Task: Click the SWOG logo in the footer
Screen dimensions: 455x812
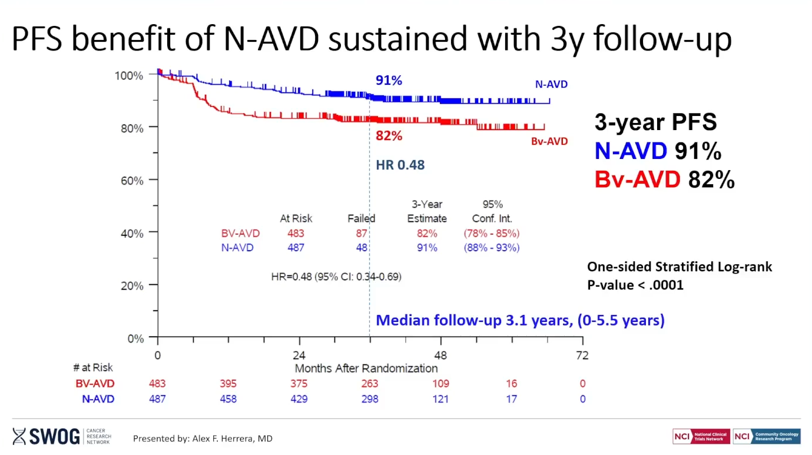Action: pyautogui.click(x=48, y=436)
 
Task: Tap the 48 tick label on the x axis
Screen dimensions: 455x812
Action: pyautogui.click(x=440, y=356)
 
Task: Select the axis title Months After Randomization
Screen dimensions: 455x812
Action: pyautogui.click(x=366, y=368)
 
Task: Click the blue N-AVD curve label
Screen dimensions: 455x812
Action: pyautogui.click(x=551, y=84)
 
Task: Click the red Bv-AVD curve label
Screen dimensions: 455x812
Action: pyautogui.click(x=549, y=141)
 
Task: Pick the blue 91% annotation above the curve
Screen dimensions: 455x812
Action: pyautogui.click(x=389, y=81)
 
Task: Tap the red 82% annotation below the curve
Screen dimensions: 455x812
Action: pyautogui.click(x=389, y=136)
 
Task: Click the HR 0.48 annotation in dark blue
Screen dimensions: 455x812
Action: pyautogui.click(x=400, y=165)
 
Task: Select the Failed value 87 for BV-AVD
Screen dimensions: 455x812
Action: pyautogui.click(x=361, y=233)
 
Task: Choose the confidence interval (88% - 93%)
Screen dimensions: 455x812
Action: pyautogui.click(x=492, y=248)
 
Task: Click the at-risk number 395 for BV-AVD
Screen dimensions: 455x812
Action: pyautogui.click(x=228, y=384)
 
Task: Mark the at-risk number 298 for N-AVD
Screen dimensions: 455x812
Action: pyautogui.click(x=370, y=399)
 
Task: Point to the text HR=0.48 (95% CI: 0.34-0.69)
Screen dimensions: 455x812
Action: pyautogui.click(x=336, y=276)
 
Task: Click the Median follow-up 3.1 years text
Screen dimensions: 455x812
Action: pyautogui.click(x=520, y=321)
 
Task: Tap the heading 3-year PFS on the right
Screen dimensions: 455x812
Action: pyautogui.click(x=655, y=122)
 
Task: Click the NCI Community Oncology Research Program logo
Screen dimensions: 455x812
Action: pyautogui.click(x=767, y=436)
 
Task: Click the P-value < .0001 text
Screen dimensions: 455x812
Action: pyautogui.click(x=635, y=285)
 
